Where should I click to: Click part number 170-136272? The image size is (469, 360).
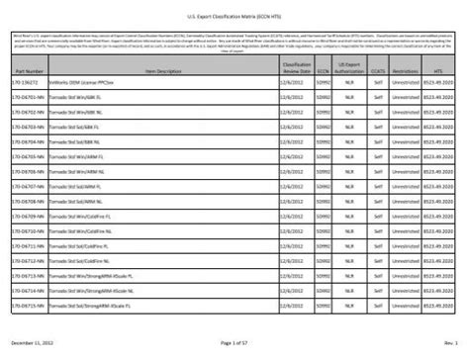click(x=26, y=85)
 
